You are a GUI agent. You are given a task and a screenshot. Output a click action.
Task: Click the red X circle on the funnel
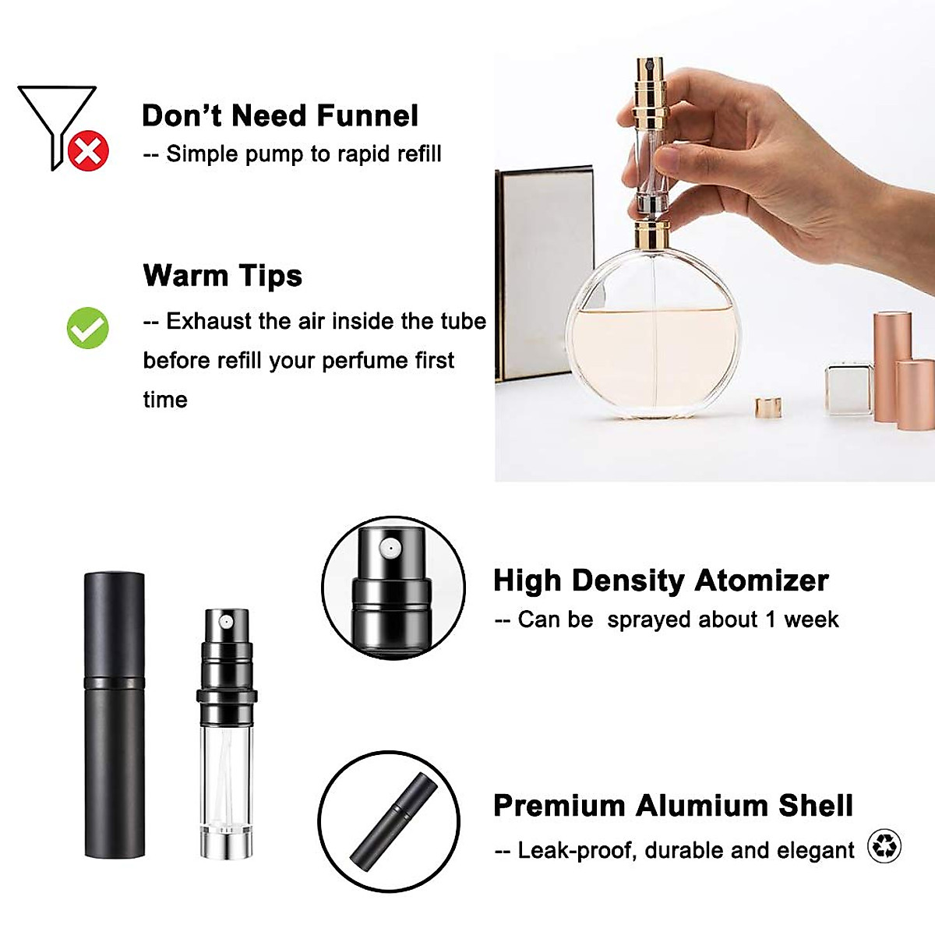point(88,150)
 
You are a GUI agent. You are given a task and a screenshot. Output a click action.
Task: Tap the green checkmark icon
point(87,328)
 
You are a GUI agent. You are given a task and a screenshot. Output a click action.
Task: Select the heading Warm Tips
point(222,276)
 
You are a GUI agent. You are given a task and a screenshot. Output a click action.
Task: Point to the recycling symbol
point(884,846)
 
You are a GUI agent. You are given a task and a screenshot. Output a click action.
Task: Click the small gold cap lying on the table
point(768,406)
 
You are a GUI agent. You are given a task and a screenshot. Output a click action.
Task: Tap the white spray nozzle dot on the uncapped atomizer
point(226,623)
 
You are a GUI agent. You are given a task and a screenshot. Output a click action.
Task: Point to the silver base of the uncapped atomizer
point(226,845)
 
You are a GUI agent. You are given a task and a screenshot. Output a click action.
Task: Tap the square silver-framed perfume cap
point(849,387)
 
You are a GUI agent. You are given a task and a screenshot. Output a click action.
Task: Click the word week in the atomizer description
point(811,620)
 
